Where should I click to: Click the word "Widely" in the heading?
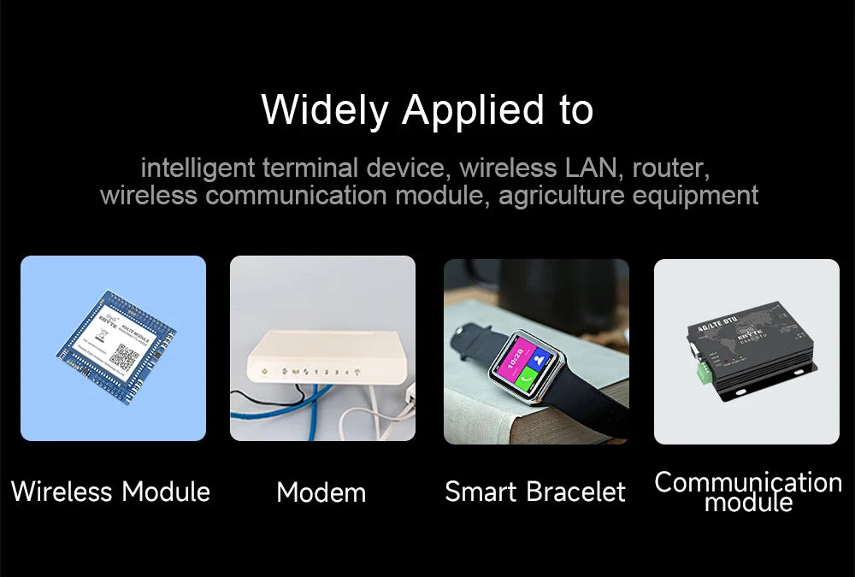pyautogui.click(x=325, y=110)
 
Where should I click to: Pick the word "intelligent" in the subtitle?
pyautogui.click(x=198, y=166)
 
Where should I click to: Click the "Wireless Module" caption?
pyautogui.click(x=110, y=492)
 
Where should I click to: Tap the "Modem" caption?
pyautogui.click(x=321, y=492)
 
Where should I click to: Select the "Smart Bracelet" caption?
pyautogui.click(x=535, y=492)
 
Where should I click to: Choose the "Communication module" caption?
pyautogui.click(x=748, y=492)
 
